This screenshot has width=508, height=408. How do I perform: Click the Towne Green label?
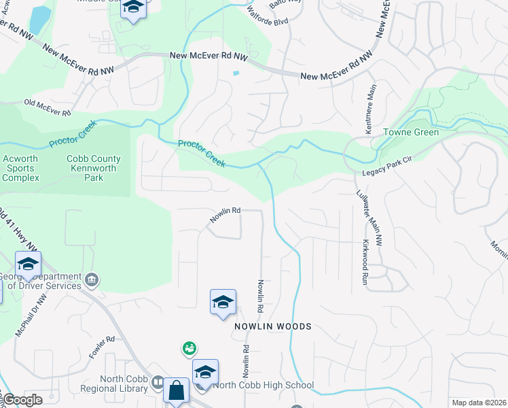tap(412, 132)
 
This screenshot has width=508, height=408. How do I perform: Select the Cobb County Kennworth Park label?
tap(94, 168)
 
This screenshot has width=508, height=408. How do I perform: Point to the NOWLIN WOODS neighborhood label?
tap(273, 326)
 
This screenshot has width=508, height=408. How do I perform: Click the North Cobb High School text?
tap(264, 386)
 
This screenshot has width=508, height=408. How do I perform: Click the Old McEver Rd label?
tap(48, 107)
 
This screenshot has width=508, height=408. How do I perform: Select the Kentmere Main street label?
tap(371, 109)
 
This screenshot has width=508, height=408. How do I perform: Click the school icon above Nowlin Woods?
tap(223, 302)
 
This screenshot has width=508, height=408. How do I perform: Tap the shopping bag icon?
tap(176, 390)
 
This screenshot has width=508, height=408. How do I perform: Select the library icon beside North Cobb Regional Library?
tap(158, 382)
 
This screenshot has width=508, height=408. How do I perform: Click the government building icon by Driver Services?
tap(92, 279)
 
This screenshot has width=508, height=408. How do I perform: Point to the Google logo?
tap(22, 400)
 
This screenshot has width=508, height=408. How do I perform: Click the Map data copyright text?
tap(478, 403)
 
